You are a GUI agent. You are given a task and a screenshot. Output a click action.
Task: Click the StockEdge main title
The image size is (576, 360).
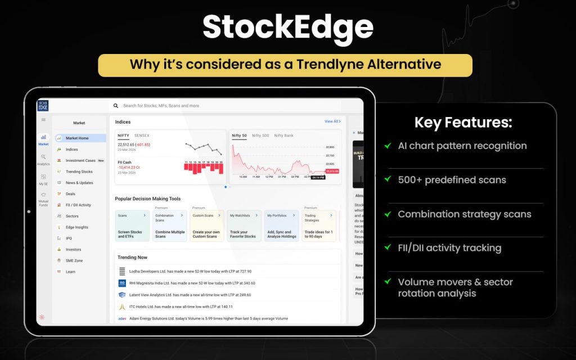pyautogui.click(x=287, y=26)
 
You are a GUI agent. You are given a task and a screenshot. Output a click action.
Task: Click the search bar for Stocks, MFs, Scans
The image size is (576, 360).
pyautogui.click(x=225, y=105)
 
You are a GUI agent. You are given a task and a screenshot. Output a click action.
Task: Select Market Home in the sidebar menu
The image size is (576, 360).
pyautogui.click(x=77, y=138)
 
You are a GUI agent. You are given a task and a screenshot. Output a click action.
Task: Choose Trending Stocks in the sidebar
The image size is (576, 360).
pyautogui.click(x=79, y=172)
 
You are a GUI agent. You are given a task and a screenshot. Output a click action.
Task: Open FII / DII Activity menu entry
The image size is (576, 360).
pyautogui.click(x=78, y=205)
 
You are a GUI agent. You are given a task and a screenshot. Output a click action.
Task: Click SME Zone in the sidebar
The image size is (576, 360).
pyautogui.click(x=74, y=260)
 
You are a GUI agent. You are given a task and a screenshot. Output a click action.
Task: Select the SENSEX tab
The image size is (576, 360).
pyautogui.click(x=142, y=136)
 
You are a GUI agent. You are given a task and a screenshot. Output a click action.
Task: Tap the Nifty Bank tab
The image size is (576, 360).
pyautogui.click(x=284, y=136)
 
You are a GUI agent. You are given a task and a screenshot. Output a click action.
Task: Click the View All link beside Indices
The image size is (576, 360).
pyautogui.click(x=331, y=121)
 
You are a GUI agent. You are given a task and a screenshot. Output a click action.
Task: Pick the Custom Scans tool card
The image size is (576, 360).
pyautogui.click(x=206, y=226)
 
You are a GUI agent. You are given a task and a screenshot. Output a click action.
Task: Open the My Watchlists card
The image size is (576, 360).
pyautogui.click(x=244, y=226)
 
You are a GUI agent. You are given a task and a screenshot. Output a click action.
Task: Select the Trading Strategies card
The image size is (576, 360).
pyautogui.click(x=319, y=226)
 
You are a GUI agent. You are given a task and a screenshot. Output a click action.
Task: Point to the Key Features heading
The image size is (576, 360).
pyautogui.click(x=463, y=123)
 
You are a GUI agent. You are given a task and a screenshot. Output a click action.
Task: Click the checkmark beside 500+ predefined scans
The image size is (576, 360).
pyautogui.click(x=388, y=179)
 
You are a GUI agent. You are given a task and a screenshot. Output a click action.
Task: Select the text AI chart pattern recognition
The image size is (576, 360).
pyautogui.click(x=462, y=146)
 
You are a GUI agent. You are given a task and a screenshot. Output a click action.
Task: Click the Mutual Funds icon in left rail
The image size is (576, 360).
pyautogui.click(x=43, y=197)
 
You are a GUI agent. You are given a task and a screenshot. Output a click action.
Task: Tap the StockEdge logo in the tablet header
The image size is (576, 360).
pyautogui.click(x=43, y=105)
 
